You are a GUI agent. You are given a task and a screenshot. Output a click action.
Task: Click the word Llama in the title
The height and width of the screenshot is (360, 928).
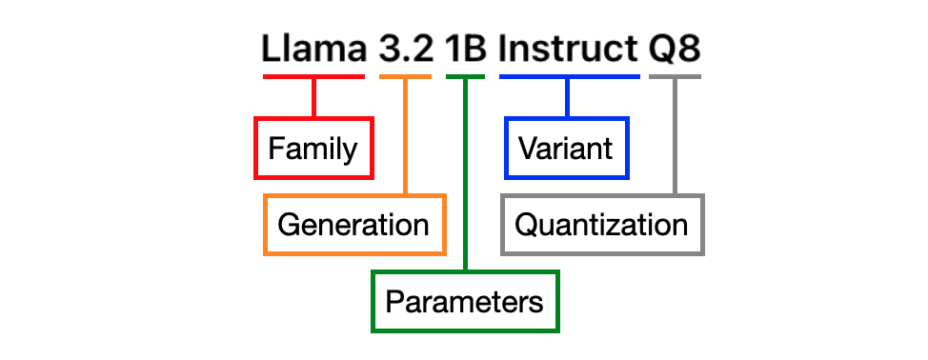(313, 49)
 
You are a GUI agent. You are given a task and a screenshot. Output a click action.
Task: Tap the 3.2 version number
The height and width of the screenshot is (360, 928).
(406, 49)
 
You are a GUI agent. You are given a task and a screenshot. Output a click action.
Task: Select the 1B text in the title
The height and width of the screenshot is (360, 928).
(466, 49)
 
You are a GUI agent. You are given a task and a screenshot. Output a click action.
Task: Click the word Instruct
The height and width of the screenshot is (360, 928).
(569, 49)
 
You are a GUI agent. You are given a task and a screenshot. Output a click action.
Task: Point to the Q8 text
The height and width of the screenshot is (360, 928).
(675, 49)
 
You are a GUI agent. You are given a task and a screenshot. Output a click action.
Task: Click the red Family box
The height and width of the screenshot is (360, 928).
(313, 148)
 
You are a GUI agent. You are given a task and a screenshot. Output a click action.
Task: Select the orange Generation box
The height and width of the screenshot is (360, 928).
(354, 225)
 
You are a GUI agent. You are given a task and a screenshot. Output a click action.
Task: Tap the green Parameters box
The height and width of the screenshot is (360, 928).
(465, 302)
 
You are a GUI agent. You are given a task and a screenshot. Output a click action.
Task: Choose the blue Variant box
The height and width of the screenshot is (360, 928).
(567, 148)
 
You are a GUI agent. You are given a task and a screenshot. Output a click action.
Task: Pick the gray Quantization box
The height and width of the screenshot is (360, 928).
(602, 225)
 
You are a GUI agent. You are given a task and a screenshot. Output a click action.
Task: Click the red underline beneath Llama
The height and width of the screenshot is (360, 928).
(313, 77)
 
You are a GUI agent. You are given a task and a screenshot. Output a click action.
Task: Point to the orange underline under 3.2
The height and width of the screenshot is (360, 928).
(406, 77)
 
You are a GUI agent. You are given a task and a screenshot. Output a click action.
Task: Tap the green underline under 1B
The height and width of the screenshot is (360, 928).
(466, 77)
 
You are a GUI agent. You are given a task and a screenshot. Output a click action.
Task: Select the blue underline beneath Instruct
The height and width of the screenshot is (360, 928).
(569, 77)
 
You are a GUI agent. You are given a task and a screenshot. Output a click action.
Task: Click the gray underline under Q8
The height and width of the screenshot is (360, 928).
(675, 77)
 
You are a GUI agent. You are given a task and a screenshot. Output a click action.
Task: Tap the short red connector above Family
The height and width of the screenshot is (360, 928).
(313, 97)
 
